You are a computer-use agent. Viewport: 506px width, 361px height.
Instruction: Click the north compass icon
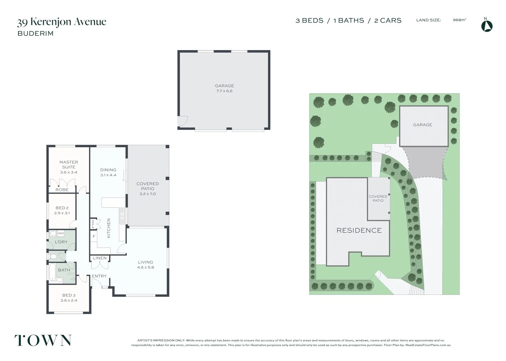pos(487,25)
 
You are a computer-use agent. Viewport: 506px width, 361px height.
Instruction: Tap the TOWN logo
pos(43,340)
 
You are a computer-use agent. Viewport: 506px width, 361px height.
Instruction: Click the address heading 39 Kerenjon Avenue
pos(62,22)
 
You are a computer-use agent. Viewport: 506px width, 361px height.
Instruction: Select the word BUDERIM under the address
pos(35,34)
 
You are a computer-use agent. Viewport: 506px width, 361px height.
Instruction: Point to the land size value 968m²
pos(459,20)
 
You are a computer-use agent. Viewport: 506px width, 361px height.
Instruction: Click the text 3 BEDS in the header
pos(309,20)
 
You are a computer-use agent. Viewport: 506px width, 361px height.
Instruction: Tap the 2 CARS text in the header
pos(388,20)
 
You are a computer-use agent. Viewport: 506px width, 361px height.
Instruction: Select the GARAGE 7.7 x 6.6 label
pos(224,88)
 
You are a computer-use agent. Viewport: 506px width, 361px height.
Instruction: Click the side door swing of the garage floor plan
pos(183,121)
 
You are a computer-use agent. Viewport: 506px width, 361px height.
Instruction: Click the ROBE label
pos(62,190)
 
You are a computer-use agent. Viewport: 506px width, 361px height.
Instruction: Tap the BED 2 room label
pos(62,210)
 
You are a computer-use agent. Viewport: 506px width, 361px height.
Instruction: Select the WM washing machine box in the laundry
pos(61,233)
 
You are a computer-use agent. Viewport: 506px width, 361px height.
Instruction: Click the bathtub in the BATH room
pos(52,272)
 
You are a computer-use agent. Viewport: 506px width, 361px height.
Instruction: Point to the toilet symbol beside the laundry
pos(53,257)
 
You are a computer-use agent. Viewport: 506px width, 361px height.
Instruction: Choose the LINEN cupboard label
pos(100,258)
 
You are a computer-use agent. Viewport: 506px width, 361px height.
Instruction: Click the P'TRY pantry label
pos(93,223)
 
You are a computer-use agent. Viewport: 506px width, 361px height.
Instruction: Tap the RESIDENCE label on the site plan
pos(359,230)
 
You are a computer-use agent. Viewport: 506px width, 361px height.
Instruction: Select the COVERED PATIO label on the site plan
pos(378,199)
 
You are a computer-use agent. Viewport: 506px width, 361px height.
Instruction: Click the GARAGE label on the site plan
pos(422,125)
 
